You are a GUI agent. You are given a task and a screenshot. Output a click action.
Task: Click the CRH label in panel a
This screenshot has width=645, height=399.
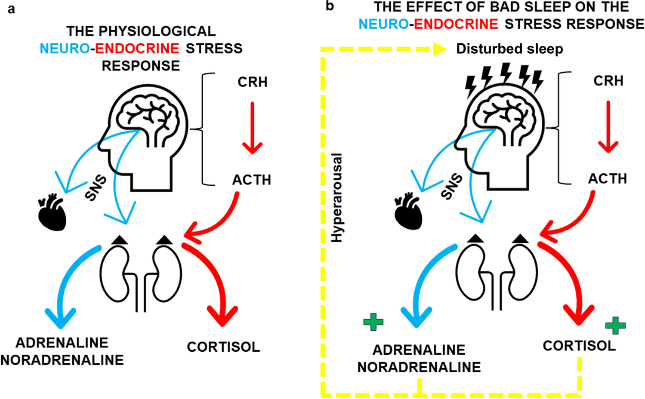[x=253, y=82]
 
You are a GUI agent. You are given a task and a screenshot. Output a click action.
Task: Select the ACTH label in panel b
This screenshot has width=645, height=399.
[x=608, y=178]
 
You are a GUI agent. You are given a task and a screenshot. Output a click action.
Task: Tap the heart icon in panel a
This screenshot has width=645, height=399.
[x=52, y=214]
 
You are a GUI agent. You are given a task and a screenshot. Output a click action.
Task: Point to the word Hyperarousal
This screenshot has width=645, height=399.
[x=337, y=197]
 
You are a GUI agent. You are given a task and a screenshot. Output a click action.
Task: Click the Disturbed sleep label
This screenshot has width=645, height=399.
[x=509, y=49]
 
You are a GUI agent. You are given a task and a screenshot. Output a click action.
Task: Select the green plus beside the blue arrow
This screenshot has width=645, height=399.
[x=373, y=322]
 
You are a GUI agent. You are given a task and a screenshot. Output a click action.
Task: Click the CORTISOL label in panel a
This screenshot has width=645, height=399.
[x=223, y=347]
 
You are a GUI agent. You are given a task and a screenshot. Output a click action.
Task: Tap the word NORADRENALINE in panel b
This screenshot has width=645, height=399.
[x=419, y=367]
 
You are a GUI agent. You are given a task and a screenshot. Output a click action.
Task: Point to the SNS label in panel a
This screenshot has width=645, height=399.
[x=96, y=188]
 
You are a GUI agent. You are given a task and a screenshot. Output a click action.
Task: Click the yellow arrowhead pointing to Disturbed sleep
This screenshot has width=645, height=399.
[x=440, y=49]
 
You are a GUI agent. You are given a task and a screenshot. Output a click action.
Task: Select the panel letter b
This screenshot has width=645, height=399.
[x=330, y=6]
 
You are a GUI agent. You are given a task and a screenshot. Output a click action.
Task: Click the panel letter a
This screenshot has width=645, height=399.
[x=11, y=9]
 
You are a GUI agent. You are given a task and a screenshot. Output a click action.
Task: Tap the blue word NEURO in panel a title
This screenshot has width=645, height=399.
[x=65, y=49]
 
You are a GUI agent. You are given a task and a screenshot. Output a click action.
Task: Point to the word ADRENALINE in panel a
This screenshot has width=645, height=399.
[x=62, y=343]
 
